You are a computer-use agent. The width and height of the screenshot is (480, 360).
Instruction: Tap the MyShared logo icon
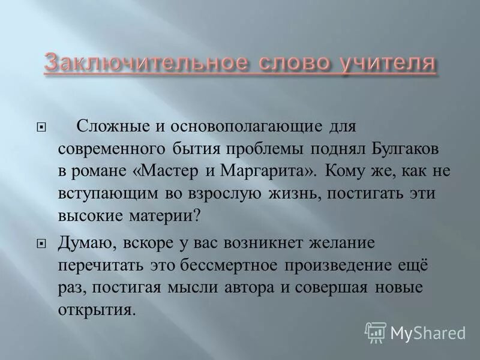(375, 331)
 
